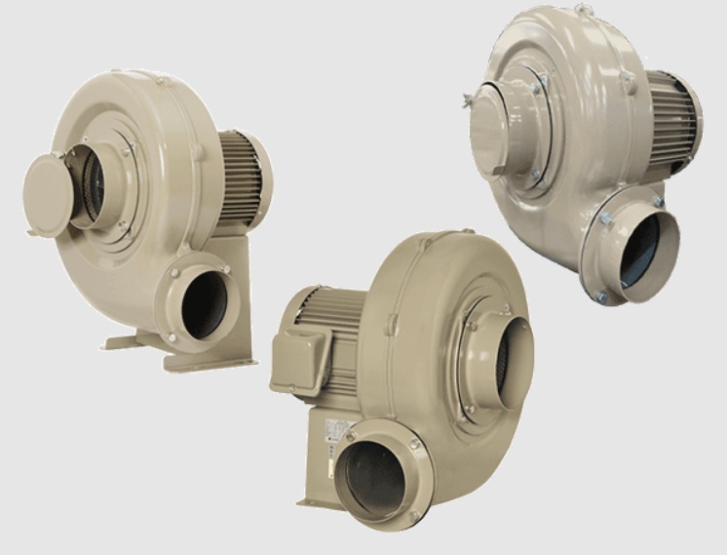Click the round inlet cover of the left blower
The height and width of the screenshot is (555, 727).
click(48, 193)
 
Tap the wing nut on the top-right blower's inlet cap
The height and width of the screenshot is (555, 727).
click(469, 99)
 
